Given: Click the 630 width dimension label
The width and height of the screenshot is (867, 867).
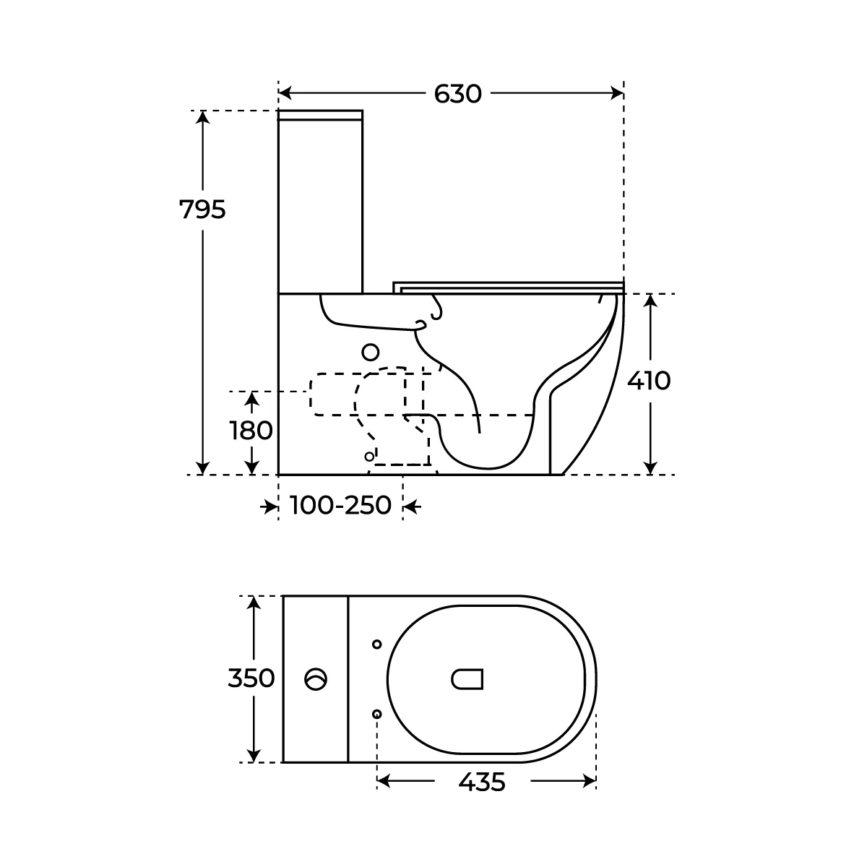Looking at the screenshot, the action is pos(457,94).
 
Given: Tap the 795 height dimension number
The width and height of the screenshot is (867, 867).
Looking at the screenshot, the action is pos(202,210).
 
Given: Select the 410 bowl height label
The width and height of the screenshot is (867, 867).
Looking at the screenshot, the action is pos(649,381).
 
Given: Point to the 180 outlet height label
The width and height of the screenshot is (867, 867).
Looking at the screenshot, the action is pos(251,431).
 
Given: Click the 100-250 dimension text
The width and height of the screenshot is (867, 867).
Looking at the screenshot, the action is pos(340,505).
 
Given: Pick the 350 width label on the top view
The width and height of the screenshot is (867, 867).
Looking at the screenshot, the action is pos(251,678).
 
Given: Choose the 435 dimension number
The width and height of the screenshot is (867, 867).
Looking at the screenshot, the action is pos(482,782).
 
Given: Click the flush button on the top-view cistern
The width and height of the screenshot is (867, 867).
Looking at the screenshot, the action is pos(316,679).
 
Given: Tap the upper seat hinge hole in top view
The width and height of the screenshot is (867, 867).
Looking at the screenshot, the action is pos(377,644).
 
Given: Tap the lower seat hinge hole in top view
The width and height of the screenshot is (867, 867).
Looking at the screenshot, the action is pos(377,714).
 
